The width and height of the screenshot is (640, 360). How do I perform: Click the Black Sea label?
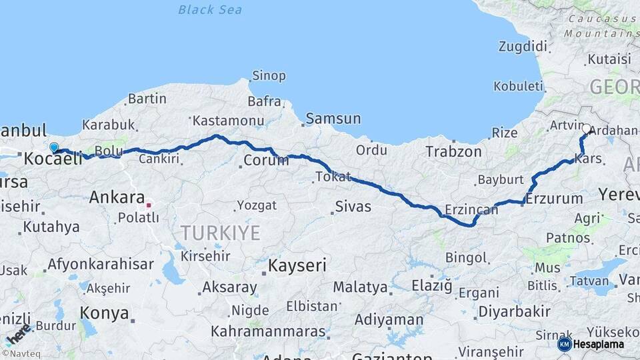point(210,10)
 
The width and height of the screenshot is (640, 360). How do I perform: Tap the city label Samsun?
point(333,119)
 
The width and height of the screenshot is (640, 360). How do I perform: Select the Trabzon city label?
point(454,152)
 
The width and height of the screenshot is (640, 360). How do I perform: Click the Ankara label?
point(117,197)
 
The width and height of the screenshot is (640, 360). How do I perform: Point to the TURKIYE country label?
point(220,233)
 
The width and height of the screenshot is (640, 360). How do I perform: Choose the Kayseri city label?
point(297,265)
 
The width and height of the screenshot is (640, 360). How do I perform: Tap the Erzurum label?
point(555,198)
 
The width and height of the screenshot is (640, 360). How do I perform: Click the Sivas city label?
point(353,206)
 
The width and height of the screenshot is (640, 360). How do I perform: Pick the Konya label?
point(105,313)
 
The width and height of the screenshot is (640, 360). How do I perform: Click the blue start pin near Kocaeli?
point(54,147)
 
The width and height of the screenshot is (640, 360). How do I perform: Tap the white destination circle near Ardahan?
point(587,129)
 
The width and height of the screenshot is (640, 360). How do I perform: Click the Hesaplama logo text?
point(598,345)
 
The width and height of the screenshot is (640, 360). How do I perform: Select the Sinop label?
point(269,75)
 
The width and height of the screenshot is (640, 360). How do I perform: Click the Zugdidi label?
point(523,46)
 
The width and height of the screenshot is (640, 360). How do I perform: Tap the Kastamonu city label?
point(228,121)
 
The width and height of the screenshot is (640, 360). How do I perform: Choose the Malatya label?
point(361,287)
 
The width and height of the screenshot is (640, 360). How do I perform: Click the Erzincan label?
point(471,210)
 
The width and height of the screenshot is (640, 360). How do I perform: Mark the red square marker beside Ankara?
point(149,205)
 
